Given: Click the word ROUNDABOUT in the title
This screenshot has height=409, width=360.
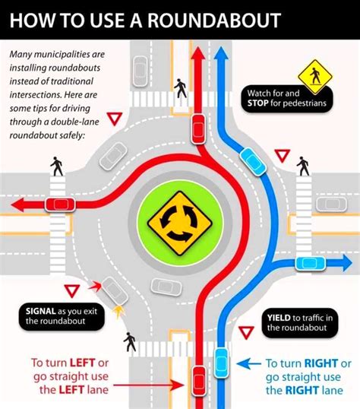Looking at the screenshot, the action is (214, 20).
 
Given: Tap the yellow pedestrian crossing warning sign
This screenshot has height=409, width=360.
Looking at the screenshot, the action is (315, 77).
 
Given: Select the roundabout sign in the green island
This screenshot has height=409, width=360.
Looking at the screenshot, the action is (180, 224).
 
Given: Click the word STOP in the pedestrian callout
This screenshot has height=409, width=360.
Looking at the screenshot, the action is (257, 103).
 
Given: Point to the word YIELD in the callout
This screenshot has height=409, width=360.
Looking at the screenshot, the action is (279, 318).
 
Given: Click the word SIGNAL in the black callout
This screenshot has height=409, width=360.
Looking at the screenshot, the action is (41, 311).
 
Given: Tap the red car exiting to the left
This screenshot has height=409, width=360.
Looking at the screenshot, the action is (60, 204).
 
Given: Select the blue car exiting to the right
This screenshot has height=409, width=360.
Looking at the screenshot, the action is (310, 264).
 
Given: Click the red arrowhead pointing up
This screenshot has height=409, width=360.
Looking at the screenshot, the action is (198, 54).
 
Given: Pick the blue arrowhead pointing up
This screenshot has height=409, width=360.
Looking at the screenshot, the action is (221, 53).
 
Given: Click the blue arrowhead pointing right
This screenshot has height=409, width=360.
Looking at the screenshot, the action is (346, 263).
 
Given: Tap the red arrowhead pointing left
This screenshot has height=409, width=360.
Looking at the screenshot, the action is (17, 204).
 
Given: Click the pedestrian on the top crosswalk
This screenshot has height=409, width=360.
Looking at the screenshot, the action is (181, 88).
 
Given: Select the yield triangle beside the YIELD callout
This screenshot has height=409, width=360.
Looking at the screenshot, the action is (246, 333).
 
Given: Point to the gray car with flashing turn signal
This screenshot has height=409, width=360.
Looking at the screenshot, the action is (115, 291).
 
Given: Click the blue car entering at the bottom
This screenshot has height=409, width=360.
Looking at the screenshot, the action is (221, 363).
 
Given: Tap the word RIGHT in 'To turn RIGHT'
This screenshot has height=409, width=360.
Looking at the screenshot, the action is (321, 363).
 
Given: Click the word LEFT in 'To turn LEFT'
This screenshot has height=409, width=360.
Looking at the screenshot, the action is (82, 363).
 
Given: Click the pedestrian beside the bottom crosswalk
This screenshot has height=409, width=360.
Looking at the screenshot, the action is (130, 342).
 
